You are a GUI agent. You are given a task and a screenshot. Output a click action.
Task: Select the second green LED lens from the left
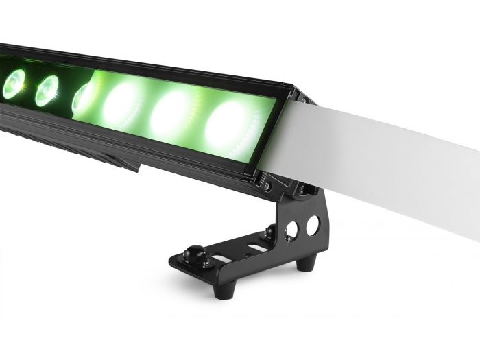[x=47, y=91]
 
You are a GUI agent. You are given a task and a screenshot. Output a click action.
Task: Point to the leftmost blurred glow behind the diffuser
[x=124, y=104]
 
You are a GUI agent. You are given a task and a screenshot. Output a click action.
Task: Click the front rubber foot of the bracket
[x=221, y=289]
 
